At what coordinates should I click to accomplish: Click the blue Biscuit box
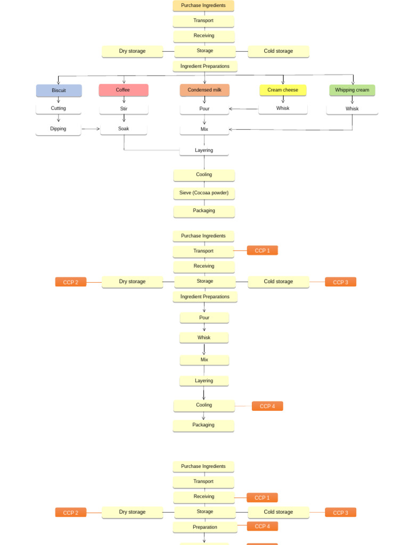pyautogui.click(x=59, y=90)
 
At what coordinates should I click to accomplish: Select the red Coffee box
pyautogui.click(x=123, y=90)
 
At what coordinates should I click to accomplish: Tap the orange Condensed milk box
pyautogui.click(x=204, y=90)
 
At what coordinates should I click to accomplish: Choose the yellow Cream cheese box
pyautogui.click(x=283, y=90)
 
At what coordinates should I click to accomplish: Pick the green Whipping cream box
pyautogui.click(x=352, y=90)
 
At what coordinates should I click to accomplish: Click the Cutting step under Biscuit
pyautogui.click(x=59, y=109)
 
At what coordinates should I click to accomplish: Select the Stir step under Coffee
pyautogui.click(x=124, y=109)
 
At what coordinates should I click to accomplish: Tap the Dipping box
pyautogui.click(x=59, y=129)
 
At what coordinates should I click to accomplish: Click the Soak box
pyautogui.click(x=124, y=129)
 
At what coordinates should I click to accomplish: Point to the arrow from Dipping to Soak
pyautogui.click(x=91, y=129)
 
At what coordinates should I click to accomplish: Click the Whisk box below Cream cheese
pyautogui.click(x=283, y=109)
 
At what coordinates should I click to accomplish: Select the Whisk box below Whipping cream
pyautogui.click(x=352, y=109)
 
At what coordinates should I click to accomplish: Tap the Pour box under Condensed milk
pyautogui.click(x=204, y=109)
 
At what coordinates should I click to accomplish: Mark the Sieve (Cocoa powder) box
pyautogui.click(x=204, y=193)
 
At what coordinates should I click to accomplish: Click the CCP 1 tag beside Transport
pyautogui.click(x=262, y=251)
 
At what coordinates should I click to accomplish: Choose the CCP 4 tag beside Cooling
pyautogui.click(x=267, y=406)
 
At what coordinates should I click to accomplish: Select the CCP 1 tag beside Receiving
pyautogui.click(x=262, y=498)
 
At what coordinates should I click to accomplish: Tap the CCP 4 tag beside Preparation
pyautogui.click(x=262, y=526)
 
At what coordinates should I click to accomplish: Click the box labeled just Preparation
pyautogui.click(x=205, y=527)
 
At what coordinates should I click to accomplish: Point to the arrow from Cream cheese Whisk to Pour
pyautogui.click(x=244, y=109)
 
